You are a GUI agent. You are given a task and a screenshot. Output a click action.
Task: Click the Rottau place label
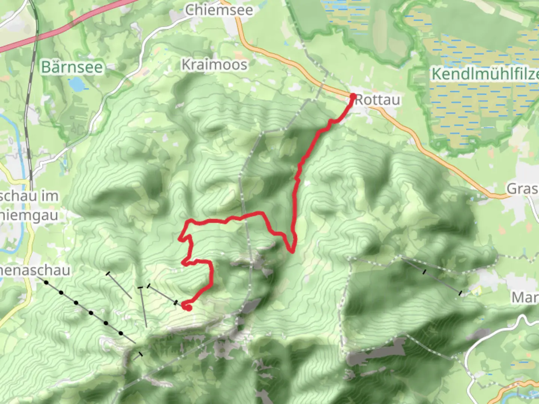(x=377, y=100)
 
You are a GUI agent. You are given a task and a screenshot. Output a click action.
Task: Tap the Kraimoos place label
(x=214, y=65)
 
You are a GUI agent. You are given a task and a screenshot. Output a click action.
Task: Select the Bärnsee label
(x=72, y=67)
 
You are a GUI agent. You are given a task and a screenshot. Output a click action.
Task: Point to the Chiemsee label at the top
(x=219, y=10)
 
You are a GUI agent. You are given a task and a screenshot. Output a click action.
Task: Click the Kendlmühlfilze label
(x=485, y=74)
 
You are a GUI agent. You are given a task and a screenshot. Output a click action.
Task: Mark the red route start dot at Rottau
(x=353, y=97)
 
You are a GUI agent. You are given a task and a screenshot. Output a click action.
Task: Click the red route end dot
(x=188, y=307)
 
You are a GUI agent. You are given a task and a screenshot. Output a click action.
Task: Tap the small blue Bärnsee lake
(x=78, y=84)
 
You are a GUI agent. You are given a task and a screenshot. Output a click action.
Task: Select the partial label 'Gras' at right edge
(x=523, y=189)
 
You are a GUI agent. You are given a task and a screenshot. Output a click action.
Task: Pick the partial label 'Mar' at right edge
(x=525, y=298)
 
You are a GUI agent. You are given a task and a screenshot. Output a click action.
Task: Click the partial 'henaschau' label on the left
(x=35, y=270)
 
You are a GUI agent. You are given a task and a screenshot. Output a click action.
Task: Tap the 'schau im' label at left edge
(x=29, y=196)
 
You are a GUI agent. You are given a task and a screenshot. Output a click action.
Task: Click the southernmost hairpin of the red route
(x=291, y=251)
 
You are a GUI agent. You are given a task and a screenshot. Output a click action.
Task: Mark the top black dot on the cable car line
(x=46, y=282)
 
